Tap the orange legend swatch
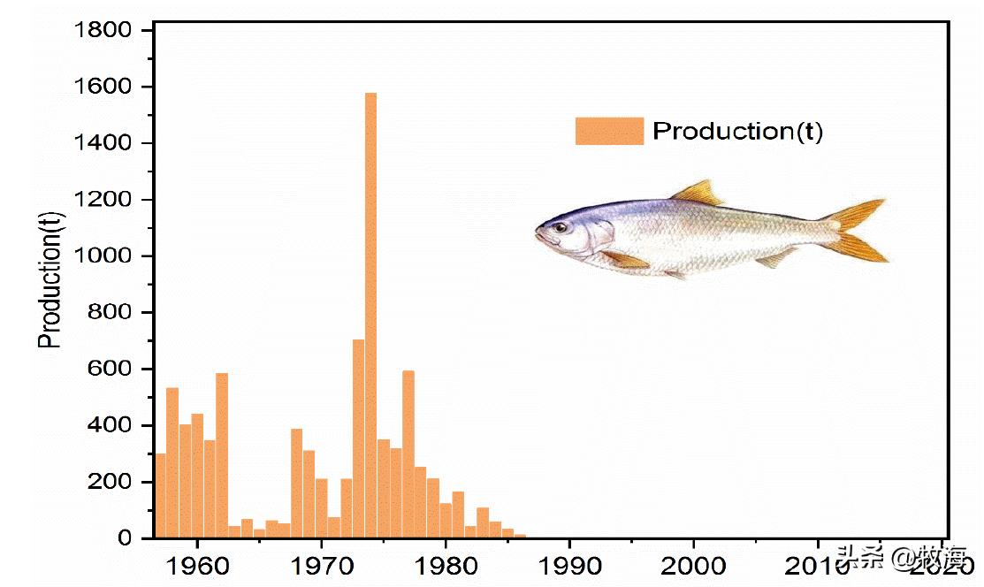tap(609, 131)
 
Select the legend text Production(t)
tap(737, 132)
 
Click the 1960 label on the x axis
tap(197, 563)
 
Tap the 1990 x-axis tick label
tap(569, 563)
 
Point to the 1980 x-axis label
tap(446, 563)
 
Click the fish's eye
tap(561, 227)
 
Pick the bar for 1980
tap(446, 520)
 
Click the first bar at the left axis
tap(160, 495)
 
